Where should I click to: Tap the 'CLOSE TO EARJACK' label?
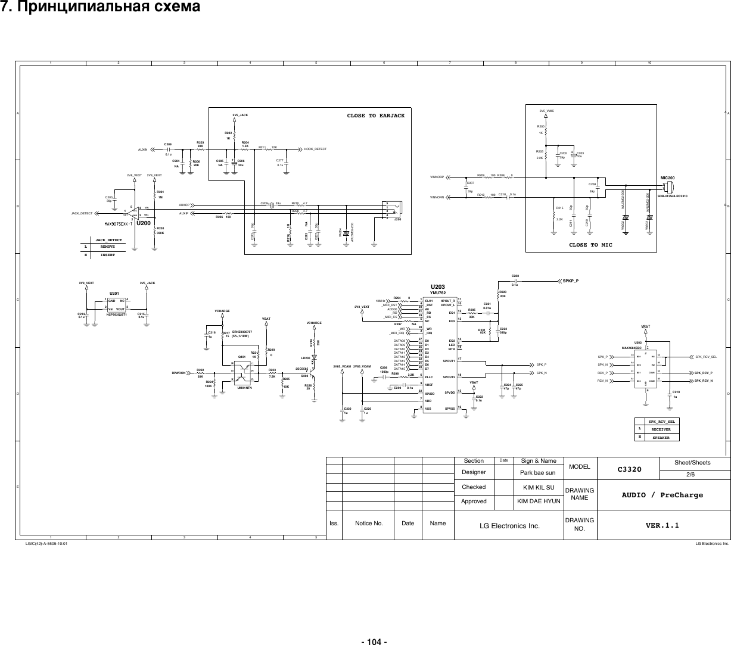pyautogui.click(x=375, y=116)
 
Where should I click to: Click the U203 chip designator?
pyautogui.click(x=437, y=287)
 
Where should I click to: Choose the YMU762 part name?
pyautogui.click(x=437, y=293)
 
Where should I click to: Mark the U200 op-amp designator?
pyautogui.click(x=143, y=224)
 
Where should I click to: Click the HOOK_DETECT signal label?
pyautogui.click(x=318, y=148)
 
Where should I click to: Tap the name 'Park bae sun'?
pyautogui.click(x=538, y=473)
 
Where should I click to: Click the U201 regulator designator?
pyautogui.click(x=114, y=294)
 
